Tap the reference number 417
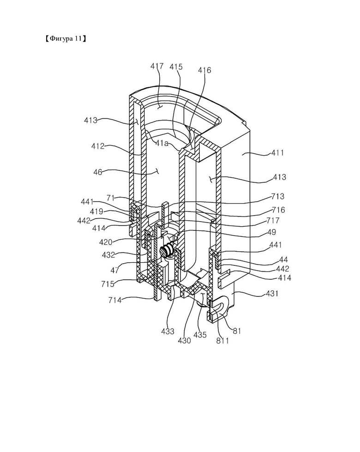pyautogui.click(x=157, y=66)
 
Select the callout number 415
pyautogui.click(x=176, y=67)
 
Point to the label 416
pyautogui.click(x=204, y=70)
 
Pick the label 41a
pyautogui.click(x=162, y=144)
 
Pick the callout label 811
pyautogui.click(x=223, y=341)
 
